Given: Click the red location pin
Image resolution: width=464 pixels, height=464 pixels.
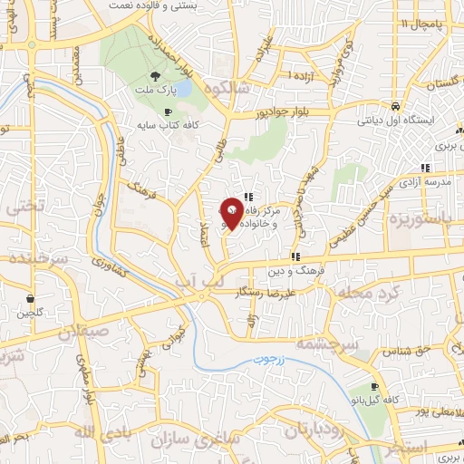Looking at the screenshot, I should click(x=232, y=212).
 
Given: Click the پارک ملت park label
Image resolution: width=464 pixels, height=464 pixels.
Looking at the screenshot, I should click(x=155, y=92).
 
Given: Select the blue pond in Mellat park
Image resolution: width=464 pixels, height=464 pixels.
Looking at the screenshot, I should click(x=184, y=89).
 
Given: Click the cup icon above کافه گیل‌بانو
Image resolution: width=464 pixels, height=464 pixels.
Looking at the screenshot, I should click(x=373, y=387).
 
